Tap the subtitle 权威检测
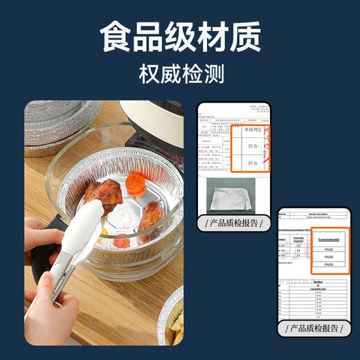pos(179,73)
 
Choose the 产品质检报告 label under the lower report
pos(316,328)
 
